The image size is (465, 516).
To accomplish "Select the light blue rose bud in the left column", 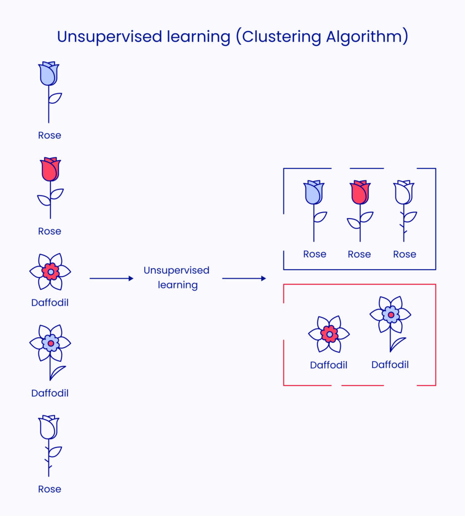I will tap(49, 74).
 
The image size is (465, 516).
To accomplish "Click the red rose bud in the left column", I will tap(50, 170).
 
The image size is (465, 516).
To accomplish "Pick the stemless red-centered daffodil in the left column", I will tap(50, 272).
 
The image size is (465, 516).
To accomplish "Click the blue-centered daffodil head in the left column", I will tap(50, 343).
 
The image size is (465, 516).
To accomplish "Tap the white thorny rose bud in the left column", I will tap(49, 427).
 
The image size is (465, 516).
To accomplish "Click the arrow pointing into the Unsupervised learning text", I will tap(111, 278).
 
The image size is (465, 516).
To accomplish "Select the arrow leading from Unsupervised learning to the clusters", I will tap(244, 278).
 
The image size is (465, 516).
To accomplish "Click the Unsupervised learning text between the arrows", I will tap(177, 278).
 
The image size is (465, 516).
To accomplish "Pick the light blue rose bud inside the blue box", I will tap(314, 192).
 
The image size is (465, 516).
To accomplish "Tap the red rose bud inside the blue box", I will tap(360, 192).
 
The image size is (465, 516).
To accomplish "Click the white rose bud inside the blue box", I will tap(403, 192).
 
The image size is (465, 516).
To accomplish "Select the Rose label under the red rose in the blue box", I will tap(359, 254).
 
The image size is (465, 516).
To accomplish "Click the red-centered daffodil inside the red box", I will tap(329, 334).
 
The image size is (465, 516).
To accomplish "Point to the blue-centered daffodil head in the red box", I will tap(390, 314).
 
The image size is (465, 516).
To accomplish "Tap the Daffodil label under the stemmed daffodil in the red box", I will tap(390, 364).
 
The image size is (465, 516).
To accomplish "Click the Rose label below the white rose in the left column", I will tap(49, 489).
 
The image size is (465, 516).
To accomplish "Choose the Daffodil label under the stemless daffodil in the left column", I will tap(50, 303).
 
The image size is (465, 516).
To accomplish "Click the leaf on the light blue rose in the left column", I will tap(55, 98).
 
